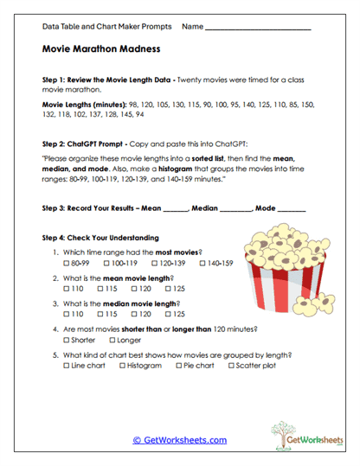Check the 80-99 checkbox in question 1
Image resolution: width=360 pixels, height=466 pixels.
click(68, 262)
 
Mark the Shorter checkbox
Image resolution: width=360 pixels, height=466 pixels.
click(68, 341)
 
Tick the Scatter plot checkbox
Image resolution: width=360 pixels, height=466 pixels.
click(231, 366)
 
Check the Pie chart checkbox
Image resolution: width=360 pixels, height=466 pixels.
click(178, 366)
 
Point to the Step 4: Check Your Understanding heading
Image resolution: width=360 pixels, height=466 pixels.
click(100, 237)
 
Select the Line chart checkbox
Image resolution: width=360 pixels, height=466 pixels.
click(68, 366)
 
